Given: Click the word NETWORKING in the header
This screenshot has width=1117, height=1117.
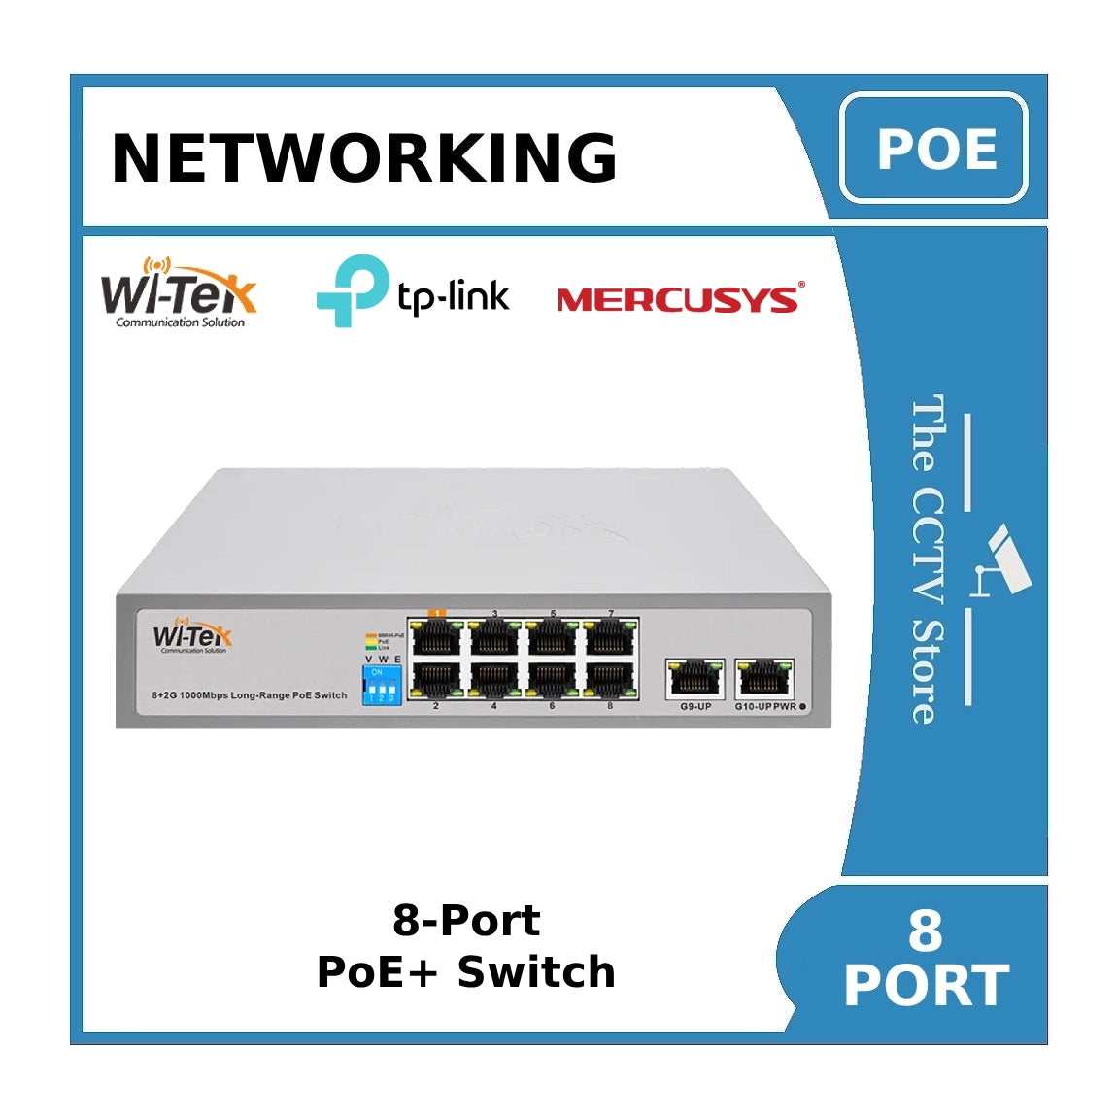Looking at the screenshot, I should [x=364, y=157].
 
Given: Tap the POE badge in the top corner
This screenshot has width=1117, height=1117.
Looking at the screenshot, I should [x=934, y=149].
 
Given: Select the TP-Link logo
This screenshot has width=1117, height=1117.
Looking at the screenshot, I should [x=413, y=290].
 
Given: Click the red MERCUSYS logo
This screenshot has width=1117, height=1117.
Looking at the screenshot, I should [x=680, y=299].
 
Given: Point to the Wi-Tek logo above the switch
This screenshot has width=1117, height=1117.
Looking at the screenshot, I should [x=179, y=292].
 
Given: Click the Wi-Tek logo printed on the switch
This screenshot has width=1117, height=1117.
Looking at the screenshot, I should [x=192, y=637].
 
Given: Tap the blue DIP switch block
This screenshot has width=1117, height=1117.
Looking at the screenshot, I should [x=382, y=685].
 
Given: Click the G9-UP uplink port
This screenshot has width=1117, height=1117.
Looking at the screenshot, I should [x=694, y=678].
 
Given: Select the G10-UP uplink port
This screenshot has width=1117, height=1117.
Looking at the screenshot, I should [x=764, y=678].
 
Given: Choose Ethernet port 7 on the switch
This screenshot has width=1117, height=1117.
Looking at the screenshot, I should [x=610, y=637].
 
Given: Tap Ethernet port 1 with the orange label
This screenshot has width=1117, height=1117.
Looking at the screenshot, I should [x=436, y=637].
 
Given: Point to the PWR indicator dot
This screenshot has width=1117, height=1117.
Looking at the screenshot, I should [x=802, y=706].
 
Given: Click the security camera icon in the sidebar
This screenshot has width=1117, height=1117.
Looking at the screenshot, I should [x=1004, y=560].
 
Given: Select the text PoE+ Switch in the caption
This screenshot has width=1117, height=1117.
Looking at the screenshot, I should [x=466, y=972].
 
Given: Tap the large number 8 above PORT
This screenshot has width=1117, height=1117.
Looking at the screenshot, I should [x=925, y=930].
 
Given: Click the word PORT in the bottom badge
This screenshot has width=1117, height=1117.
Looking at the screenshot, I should [x=926, y=986].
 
